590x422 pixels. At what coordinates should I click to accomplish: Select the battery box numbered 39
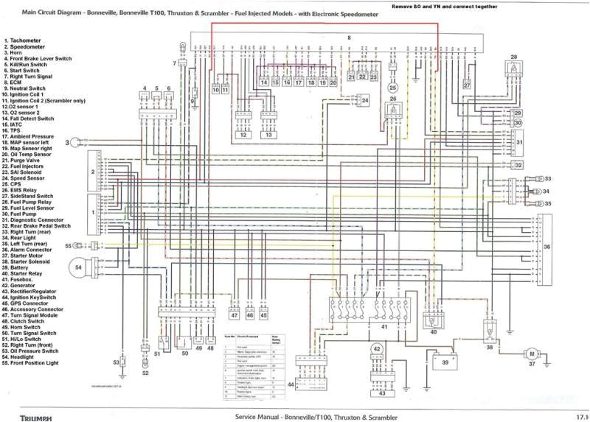(445, 362)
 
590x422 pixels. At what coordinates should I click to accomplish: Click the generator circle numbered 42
(376, 349)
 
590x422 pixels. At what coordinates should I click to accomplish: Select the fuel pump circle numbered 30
(518, 122)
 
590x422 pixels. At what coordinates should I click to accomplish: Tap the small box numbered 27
(467, 85)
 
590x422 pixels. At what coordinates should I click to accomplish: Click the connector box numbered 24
(365, 99)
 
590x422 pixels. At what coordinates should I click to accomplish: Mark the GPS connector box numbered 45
(264, 316)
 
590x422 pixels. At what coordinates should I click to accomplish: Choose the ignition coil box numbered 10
(215, 88)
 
